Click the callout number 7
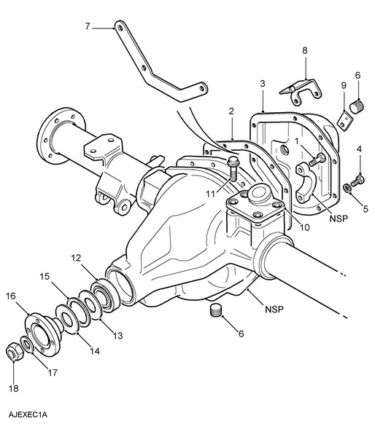(x=88, y=27)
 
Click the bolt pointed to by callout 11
(x=233, y=168)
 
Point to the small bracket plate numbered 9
(x=346, y=121)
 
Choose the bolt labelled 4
(x=357, y=181)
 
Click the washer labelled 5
(x=347, y=188)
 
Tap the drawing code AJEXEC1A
(x=28, y=414)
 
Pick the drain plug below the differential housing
(x=215, y=310)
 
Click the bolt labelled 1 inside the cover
(x=317, y=160)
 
